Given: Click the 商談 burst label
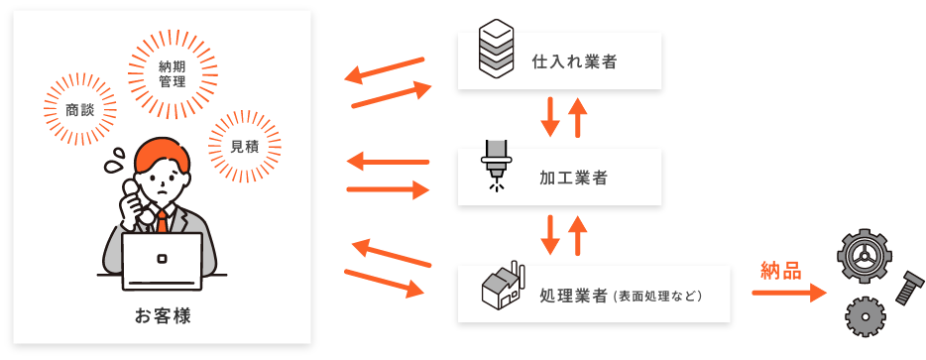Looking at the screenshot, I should (80, 110).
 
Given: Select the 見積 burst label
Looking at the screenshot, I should (245, 146).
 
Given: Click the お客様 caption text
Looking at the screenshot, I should (163, 316).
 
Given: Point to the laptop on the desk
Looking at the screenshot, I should (162, 260).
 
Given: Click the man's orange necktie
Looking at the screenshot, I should (162, 219).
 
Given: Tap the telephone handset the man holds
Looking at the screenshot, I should (133, 199).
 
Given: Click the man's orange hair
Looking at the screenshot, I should (161, 152).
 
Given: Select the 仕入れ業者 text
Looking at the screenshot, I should (574, 61).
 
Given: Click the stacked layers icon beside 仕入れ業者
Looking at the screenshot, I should (496, 48).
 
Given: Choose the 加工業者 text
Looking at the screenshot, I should (574, 179).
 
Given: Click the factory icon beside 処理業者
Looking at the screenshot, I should (502, 287).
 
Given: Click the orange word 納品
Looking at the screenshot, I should (781, 270).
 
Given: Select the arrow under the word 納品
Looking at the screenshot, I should (789, 293).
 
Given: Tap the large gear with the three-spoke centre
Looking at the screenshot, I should (864, 256).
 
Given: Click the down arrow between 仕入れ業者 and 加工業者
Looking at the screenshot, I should (549, 117).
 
